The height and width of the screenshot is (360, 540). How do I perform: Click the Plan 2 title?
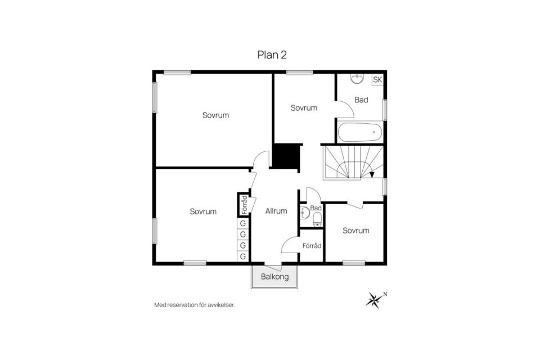pos(272,55)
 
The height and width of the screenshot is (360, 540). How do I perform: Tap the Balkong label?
pos(274,277)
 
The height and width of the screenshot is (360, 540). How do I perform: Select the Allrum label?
pos(276,211)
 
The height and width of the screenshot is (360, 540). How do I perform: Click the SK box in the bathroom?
pos(377,80)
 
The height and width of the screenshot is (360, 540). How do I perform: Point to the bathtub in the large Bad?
pos(360,133)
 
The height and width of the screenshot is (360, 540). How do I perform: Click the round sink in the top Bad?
pos(357,79)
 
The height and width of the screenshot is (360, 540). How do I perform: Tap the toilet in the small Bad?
pos(317,217)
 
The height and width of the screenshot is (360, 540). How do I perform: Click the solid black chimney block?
pos(286,156)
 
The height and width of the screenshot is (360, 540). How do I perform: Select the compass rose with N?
pos(374,300)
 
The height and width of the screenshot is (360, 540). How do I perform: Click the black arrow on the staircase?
pos(372,174)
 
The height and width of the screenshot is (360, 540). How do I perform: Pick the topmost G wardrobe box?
pos(243,223)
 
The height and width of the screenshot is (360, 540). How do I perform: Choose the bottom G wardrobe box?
pos(243,256)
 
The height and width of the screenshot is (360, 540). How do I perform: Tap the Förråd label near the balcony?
pos(311,246)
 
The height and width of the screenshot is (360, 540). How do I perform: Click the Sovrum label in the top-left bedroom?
pos(215,115)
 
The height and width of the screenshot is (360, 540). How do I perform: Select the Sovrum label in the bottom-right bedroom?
pos(355,231)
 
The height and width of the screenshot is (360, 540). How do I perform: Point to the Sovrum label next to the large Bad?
pos(304,108)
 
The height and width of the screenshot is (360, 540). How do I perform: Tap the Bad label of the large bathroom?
pos(361,100)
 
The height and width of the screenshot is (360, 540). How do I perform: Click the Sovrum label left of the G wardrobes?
pos(203,211)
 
